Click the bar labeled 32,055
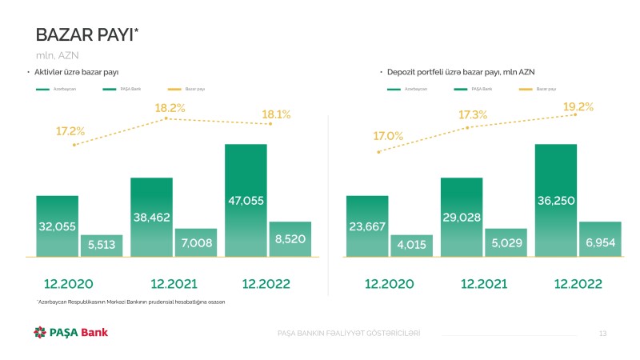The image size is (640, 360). point(57,226)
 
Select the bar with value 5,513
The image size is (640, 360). point(101,246)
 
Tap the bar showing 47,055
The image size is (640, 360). point(246,200)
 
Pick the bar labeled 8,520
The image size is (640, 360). point(290,239)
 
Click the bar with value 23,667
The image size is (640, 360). point(367,226)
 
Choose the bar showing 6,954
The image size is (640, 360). point(600,239)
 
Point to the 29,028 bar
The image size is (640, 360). point(462,217)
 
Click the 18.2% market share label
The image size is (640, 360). point(170,107)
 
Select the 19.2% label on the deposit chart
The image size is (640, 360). point(578,106)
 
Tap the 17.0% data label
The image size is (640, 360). point(388,136)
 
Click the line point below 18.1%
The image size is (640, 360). point(271,124)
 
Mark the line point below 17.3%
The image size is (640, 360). point(468,127)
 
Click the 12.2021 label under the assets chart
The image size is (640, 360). point(174,283)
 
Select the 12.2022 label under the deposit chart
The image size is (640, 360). point(578,283)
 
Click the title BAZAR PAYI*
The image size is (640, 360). point(88,34)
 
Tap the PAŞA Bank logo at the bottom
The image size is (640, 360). point(70,332)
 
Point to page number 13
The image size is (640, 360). point(603,333)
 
